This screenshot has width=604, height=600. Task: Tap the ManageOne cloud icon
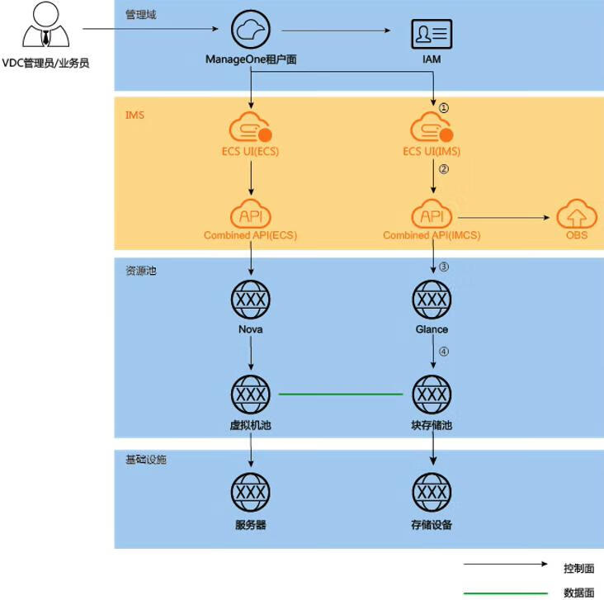pyautogui.click(x=250, y=31)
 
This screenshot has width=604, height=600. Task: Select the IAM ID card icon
pyautogui.click(x=432, y=34)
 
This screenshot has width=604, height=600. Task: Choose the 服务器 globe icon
pyautogui.click(x=250, y=494)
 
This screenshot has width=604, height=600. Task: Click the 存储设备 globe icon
pyautogui.click(x=432, y=494)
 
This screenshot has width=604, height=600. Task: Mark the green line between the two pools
pyautogui.click(x=340, y=394)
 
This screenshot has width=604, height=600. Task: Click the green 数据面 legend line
pyautogui.click(x=505, y=593)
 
